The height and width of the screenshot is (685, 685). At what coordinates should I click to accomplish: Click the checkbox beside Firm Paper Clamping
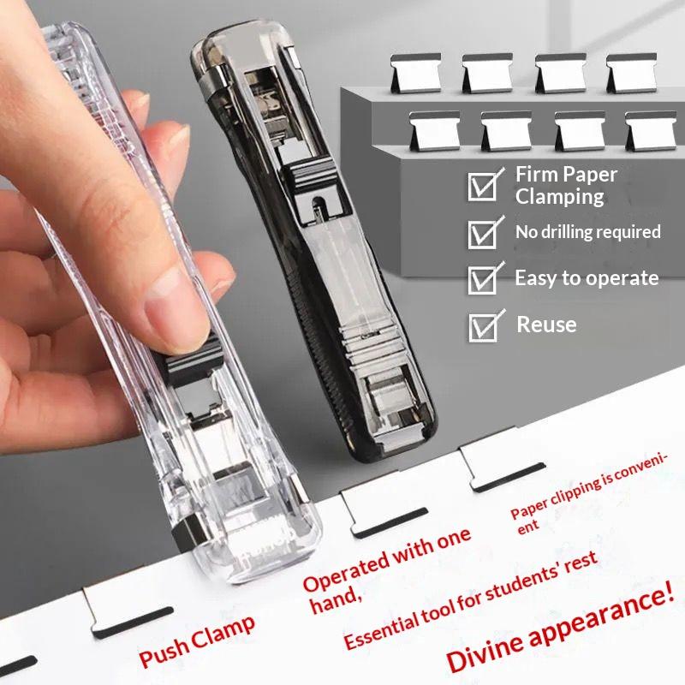click(483, 186)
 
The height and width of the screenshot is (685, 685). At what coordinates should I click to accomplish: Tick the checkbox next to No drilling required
click(483, 233)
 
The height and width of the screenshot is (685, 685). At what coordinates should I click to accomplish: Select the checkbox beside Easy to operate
click(484, 279)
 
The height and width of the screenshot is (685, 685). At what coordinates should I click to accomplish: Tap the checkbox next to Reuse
click(484, 326)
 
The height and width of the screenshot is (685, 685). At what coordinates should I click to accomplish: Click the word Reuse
click(546, 325)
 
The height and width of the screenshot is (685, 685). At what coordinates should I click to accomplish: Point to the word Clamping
click(559, 197)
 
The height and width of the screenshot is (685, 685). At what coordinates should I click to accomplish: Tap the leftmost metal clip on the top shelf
click(415, 73)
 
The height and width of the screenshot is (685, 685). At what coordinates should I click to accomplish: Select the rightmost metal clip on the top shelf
click(631, 73)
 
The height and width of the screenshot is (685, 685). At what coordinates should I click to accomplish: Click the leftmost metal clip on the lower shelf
click(434, 131)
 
